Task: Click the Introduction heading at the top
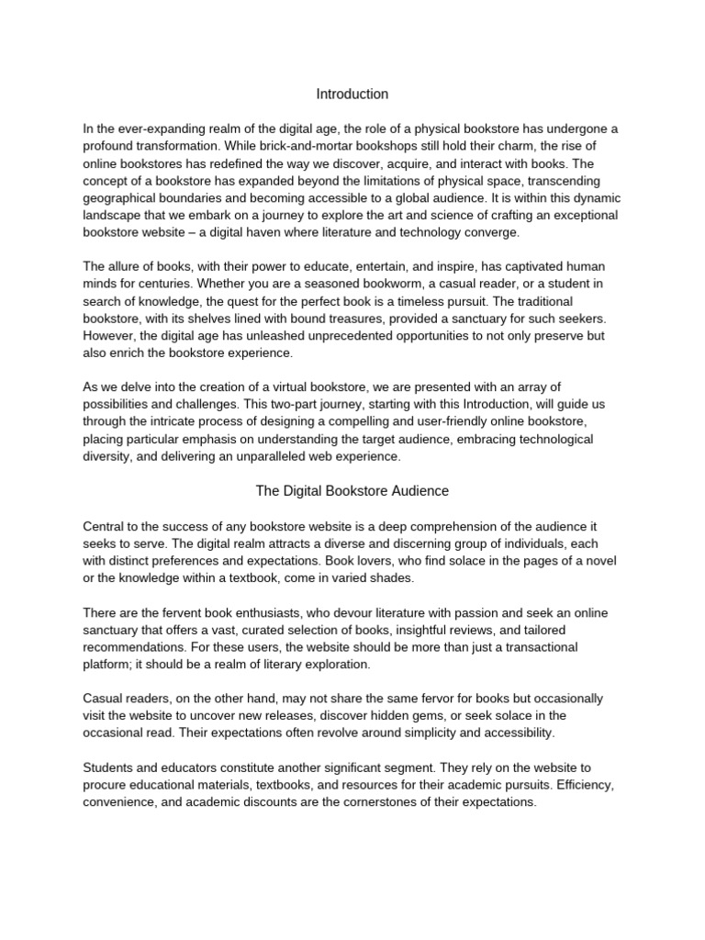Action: pyautogui.click(x=352, y=94)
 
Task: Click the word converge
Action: pyautogui.click(x=494, y=231)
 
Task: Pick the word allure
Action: pyautogui.click(x=126, y=265)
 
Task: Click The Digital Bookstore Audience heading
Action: pyautogui.click(x=352, y=491)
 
